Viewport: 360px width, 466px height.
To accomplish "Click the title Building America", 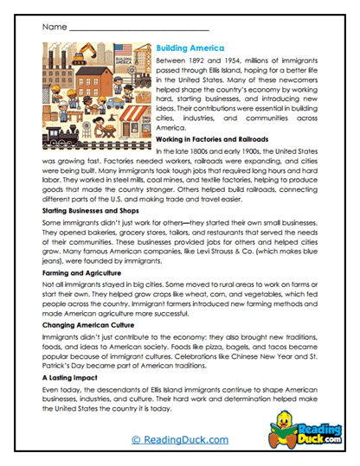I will pyautogui.click(x=190, y=48).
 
